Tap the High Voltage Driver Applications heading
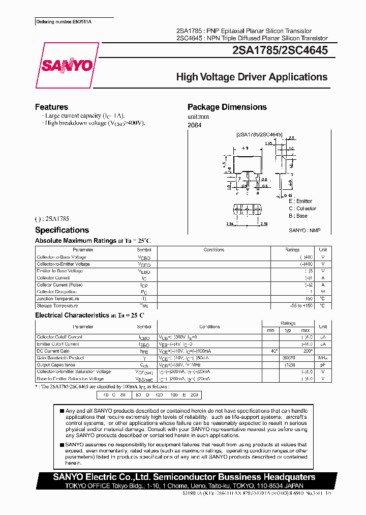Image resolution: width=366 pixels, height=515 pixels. point(252,77)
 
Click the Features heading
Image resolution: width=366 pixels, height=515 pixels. point(51,107)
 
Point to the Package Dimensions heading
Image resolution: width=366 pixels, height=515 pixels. point(227,107)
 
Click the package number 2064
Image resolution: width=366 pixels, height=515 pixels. point(195,125)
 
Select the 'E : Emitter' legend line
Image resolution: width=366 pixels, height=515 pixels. point(300,202)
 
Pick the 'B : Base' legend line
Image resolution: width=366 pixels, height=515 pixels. point(298,216)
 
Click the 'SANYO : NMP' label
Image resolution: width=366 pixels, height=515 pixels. point(304,230)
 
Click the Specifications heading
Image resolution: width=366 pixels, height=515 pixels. point(62,230)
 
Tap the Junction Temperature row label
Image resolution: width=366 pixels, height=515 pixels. point(57,299)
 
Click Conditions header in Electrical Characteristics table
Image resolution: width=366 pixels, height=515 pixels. point(209,327)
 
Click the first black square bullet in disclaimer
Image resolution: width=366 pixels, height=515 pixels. point(62,411)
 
